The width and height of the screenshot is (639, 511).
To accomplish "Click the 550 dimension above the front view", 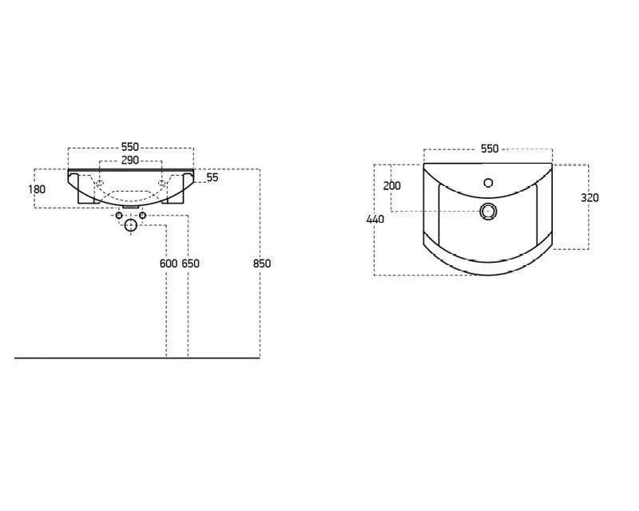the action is tap(130, 147).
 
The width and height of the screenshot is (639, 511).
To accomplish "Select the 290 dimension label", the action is tap(130, 160).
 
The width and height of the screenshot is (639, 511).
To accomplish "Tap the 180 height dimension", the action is tap(37, 189).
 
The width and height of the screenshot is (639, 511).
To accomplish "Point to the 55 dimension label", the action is tap(212, 177).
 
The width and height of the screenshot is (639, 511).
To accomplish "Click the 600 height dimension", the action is tap(169, 263).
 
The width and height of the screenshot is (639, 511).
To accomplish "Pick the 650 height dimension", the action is tap(190, 263).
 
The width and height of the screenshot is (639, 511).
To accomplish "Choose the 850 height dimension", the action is tap(262, 263).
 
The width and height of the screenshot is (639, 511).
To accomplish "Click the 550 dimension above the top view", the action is tap(490, 149).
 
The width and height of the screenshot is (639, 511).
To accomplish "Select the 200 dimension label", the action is tap(391, 185).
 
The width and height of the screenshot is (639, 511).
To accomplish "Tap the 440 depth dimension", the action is tap(375, 220).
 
